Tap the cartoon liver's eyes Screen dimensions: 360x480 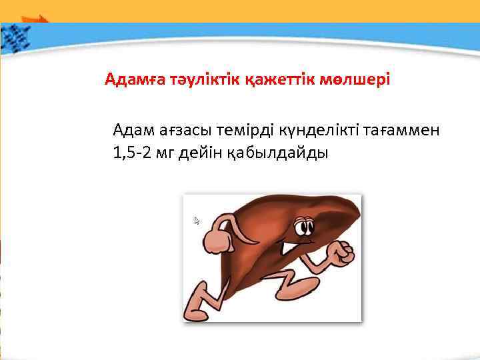point(303,226)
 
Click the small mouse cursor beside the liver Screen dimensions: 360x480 point(197,221)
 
